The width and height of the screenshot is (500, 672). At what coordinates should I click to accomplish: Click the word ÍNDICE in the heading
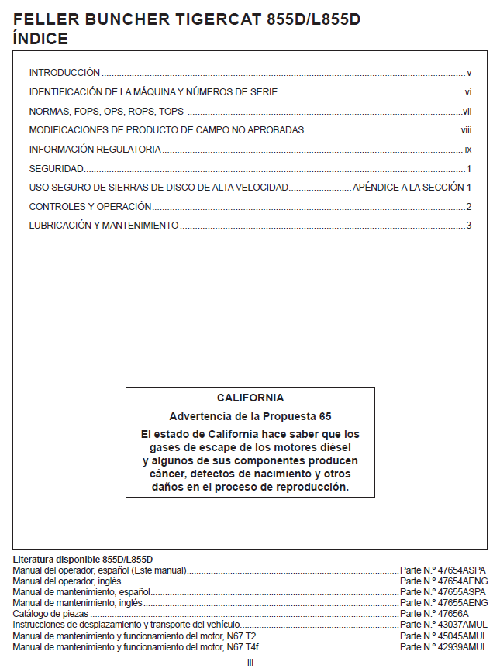coord(41,38)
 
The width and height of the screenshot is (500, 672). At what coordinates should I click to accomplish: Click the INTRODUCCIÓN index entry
coord(64,72)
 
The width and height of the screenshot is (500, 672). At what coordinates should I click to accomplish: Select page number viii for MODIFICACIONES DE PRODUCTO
coord(466,129)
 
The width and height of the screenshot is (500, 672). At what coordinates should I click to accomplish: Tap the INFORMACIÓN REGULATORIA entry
coord(95,149)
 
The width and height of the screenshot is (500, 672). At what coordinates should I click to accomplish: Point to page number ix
coord(467,149)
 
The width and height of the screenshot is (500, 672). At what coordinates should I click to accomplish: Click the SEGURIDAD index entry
coord(56,168)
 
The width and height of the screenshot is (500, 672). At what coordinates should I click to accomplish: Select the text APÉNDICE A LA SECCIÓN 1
coord(412,188)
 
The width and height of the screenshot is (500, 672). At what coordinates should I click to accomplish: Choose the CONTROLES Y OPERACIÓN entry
coord(90,206)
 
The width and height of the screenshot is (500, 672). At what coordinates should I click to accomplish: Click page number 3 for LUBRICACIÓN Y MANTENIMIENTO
coord(468,226)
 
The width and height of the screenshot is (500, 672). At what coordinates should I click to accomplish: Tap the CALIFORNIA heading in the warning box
coord(250,398)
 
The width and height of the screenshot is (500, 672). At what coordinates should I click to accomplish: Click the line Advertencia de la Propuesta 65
coord(250,416)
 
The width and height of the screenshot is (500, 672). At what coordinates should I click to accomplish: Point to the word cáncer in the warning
coord(165,474)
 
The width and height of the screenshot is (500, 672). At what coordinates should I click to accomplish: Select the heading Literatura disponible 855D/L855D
coord(83,559)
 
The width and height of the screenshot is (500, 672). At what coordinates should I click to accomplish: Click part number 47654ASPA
coord(443,570)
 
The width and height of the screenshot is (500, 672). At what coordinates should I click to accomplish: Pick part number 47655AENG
coord(443,602)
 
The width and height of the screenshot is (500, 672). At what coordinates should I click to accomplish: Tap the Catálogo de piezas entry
coord(51,613)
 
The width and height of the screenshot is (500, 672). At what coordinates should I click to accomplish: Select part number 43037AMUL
coord(443,624)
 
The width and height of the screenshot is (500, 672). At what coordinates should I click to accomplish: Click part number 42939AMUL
coord(443,646)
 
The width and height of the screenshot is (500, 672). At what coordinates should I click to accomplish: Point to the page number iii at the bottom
coord(250,663)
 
